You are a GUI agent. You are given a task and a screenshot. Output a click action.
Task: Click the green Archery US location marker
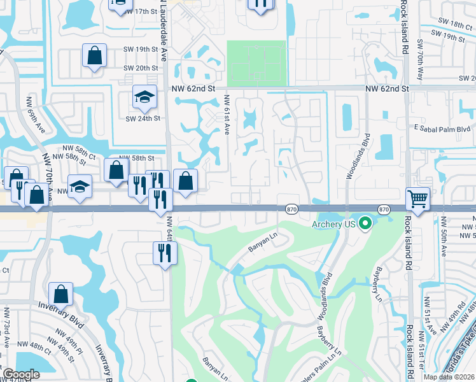[365, 223]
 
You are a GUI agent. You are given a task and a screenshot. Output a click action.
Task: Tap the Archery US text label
[332, 224]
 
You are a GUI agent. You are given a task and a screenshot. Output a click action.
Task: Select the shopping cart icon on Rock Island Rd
[417, 199]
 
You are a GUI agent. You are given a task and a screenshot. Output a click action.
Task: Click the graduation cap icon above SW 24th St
[144, 97]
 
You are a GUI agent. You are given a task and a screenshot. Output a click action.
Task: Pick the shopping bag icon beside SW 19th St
[94, 55]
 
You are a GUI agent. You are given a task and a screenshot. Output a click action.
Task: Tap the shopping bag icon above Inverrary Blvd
[60, 294]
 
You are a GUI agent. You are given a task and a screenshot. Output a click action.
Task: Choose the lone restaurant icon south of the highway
[164, 254]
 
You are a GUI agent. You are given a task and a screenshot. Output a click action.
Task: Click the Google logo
[21, 374]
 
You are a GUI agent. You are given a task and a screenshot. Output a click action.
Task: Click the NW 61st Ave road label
[227, 114]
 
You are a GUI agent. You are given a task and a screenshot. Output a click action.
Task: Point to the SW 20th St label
[141, 68]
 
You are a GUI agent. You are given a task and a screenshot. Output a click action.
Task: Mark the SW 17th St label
[141, 11]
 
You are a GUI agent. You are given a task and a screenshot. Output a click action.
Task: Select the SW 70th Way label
[420, 61]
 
